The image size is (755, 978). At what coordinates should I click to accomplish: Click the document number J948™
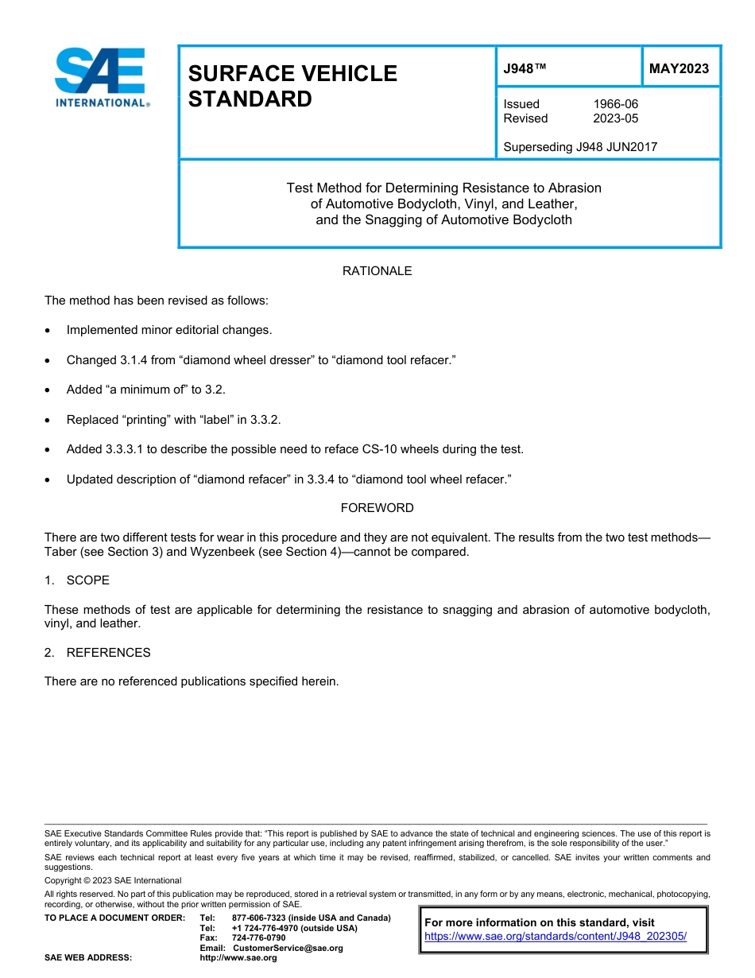click(x=525, y=68)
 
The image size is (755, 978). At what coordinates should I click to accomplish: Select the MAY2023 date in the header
click(x=679, y=68)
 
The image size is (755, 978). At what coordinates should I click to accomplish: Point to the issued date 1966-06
click(x=615, y=104)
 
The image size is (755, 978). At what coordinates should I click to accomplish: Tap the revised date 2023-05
click(x=615, y=118)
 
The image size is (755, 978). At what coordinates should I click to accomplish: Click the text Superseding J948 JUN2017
click(x=580, y=146)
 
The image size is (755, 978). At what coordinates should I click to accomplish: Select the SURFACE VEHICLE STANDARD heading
click(x=292, y=86)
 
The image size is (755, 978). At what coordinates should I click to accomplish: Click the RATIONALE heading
click(x=377, y=271)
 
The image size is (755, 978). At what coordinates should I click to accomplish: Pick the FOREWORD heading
click(x=377, y=507)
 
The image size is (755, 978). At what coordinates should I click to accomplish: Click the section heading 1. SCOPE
click(x=77, y=580)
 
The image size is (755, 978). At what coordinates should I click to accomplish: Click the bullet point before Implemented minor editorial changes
click(x=50, y=330)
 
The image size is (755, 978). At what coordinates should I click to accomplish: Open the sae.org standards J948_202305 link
click(x=556, y=936)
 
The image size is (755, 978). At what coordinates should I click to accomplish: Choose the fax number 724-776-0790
click(x=258, y=937)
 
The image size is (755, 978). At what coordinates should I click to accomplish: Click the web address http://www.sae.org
click(x=238, y=957)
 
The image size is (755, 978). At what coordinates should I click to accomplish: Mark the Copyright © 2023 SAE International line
click(x=113, y=880)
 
